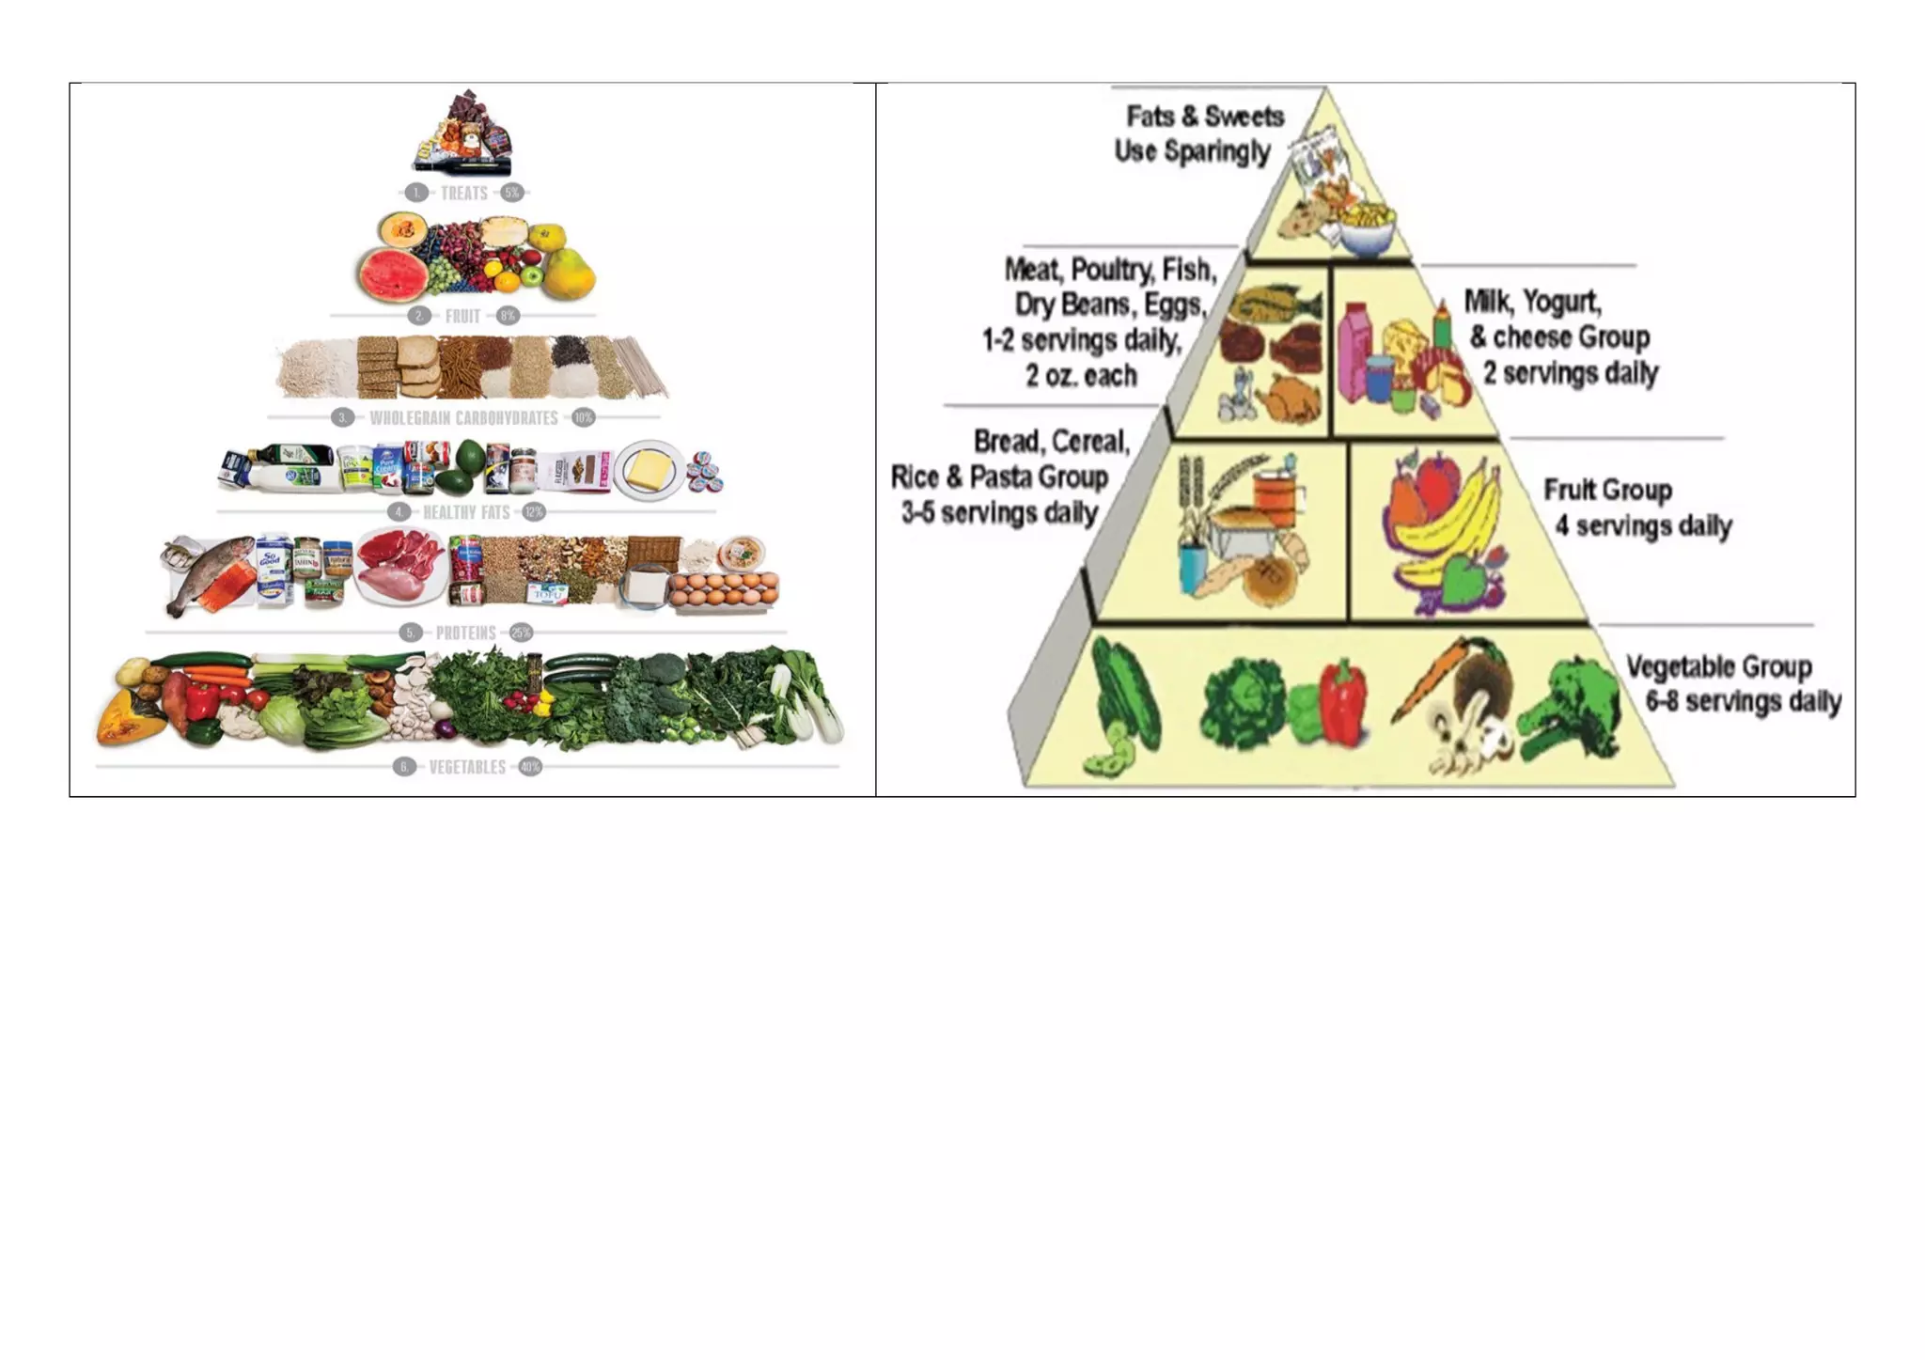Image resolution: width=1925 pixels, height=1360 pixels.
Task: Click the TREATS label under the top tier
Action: (464, 194)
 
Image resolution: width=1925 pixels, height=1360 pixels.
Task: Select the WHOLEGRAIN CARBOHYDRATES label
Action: (463, 418)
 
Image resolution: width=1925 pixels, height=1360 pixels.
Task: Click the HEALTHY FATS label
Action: (466, 512)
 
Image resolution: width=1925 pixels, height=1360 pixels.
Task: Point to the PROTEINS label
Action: (465, 633)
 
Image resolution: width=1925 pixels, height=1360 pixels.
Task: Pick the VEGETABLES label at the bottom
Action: (467, 768)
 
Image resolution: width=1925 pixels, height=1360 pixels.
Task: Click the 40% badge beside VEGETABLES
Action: (530, 767)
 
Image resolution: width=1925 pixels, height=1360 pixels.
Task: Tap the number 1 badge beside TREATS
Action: (416, 193)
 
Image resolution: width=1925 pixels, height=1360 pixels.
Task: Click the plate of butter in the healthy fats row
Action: (649, 469)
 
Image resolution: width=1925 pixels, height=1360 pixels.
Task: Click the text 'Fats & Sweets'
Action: (1205, 117)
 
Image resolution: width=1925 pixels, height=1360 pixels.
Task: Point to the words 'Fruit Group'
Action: (1607, 490)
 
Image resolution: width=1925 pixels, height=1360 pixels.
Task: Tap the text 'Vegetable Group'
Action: (1718, 666)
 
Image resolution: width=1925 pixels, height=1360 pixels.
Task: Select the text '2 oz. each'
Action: (1081, 376)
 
